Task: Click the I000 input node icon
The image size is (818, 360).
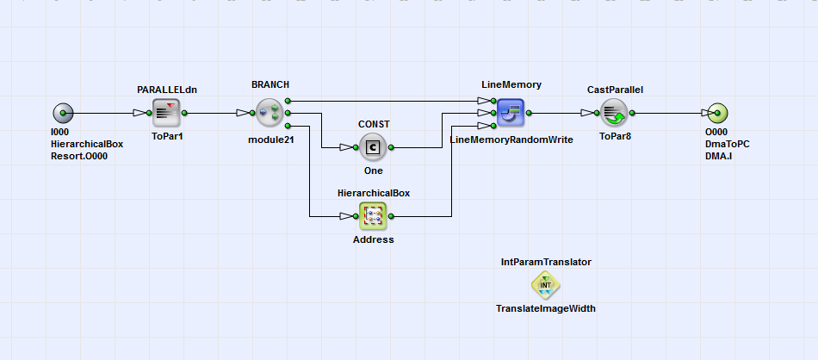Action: [63, 113]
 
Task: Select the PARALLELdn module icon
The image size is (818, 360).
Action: [165, 113]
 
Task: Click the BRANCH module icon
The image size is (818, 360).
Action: [270, 113]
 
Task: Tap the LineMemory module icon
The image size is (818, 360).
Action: [511, 113]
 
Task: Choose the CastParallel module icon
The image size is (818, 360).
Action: [614, 113]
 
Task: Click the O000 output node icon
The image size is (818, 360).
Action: [717, 113]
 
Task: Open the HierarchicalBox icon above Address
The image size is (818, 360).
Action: [373, 216]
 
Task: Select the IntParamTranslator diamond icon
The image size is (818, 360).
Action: [545, 284]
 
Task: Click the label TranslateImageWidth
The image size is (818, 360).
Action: [545, 308]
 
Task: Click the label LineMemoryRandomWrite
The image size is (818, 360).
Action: [511, 140]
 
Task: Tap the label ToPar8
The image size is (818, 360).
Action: [615, 136]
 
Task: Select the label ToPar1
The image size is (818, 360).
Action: [167, 136]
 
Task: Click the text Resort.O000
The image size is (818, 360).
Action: [79, 157]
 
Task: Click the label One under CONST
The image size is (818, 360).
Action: [373, 171]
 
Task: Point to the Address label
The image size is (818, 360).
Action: [373, 239]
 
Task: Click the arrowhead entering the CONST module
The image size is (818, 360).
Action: [346, 147]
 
